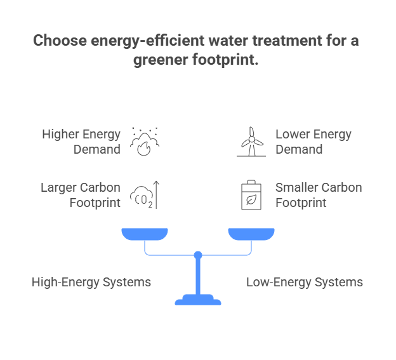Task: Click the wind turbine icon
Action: click(x=251, y=142)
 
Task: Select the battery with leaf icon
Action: click(x=251, y=196)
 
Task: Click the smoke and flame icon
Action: click(x=145, y=141)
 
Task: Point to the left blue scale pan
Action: click(x=145, y=234)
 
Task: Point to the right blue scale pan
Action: click(x=251, y=234)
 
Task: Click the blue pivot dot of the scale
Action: click(x=198, y=255)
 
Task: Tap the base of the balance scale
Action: click(x=198, y=300)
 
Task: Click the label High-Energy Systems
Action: click(x=91, y=282)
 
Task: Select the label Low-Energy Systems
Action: click(x=305, y=282)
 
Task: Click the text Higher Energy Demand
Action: click(x=81, y=142)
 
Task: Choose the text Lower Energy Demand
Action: click(x=313, y=142)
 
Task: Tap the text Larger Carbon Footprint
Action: click(x=80, y=196)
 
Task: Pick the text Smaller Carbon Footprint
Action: click(x=319, y=196)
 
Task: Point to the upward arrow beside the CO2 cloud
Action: click(x=155, y=194)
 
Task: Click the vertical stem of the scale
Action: click(x=198, y=276)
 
